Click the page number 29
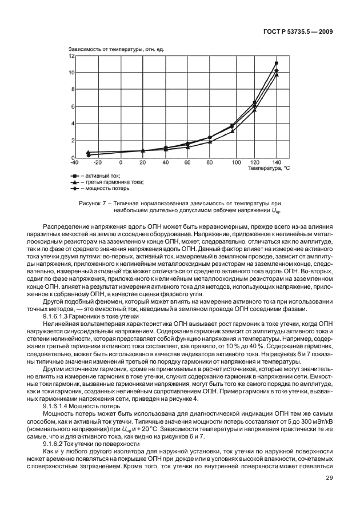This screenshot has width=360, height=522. [330, 495]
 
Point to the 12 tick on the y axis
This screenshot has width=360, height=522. [71, 56]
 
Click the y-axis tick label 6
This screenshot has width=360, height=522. [73, 107]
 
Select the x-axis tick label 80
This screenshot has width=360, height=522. [210, 163]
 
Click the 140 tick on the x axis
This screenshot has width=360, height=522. [277, 163]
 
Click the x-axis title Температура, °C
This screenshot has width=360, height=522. [269, 169]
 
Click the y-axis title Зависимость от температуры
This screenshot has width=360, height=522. [117, 50]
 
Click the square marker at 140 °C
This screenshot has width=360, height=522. [277, 63]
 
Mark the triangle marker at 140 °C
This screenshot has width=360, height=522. [277, 75]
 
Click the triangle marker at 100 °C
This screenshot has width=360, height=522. [232, 131]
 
